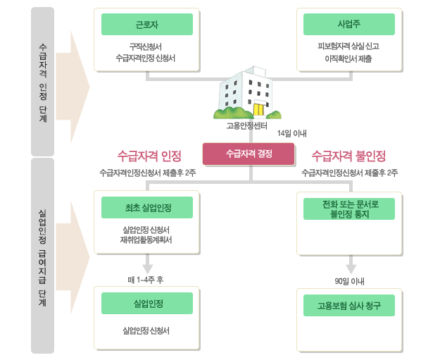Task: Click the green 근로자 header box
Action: point(146,24)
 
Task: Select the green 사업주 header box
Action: point(348,24)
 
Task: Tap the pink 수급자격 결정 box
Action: point(248,154)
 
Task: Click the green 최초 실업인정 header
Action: point(146,209)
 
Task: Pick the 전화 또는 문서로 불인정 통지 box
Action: point(348,209)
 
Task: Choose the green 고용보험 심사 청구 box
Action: point(348,306)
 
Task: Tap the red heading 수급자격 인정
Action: point(149,155)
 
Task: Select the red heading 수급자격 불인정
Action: point(348,155)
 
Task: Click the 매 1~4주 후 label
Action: point(146,280)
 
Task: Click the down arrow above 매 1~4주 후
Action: point(147,266)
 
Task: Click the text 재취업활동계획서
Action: point(146,240)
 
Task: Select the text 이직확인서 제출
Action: point(349,59)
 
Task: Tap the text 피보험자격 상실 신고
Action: point(349,47)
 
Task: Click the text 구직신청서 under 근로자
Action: point(146,47)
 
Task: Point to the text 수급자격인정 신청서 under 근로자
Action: point(146,59)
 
